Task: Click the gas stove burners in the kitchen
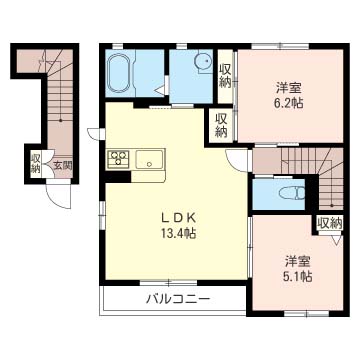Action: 118,158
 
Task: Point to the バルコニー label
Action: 177,299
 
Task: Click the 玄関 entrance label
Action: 62,166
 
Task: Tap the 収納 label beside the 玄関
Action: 36,161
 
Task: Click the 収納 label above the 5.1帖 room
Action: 330,224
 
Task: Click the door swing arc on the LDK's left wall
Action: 93,134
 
